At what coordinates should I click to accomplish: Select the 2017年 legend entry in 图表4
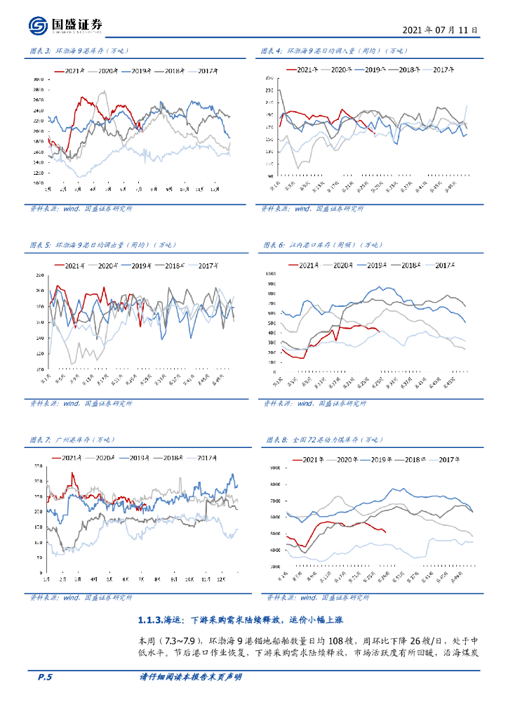pyautogui.click(x=442, y=70)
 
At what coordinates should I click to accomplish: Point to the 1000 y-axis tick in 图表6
pyautogui.click(x=272, y=273)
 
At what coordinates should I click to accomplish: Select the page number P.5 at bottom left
pyautogui.click(x=45, y=678)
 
